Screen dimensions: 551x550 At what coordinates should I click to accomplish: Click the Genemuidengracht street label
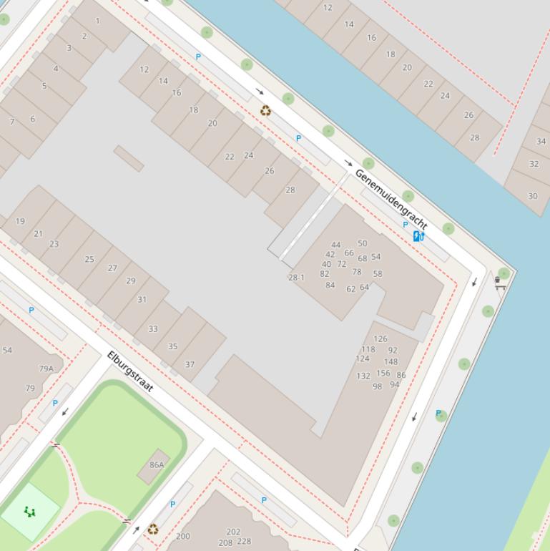(391, 199)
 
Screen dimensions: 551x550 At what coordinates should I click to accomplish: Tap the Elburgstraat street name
(130, 371)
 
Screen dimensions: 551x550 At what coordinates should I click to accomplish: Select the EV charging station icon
(418, 235)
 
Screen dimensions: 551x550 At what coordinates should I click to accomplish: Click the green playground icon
(29, 511)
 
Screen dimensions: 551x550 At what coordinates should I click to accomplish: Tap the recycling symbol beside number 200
(152, 530)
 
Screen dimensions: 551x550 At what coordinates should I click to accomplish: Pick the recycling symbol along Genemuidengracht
(265, 110)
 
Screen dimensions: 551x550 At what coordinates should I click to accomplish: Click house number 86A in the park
(157, 464)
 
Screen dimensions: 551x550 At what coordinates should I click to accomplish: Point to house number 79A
(46, 369)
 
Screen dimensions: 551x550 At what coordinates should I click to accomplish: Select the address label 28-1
(296, 278)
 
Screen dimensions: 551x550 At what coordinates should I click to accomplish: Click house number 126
(380, 339)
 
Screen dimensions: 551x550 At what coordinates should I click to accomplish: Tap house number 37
(190, 364)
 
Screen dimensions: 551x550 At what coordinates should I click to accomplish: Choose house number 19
(20, 221)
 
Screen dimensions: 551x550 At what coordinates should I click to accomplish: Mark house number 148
(391, 361)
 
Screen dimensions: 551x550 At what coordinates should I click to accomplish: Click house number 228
(244, 542)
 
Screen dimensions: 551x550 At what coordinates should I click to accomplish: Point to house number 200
(183, 536)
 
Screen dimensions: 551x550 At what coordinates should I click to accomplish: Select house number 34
(541, 141)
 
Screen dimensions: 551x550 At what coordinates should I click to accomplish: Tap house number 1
(98, 21)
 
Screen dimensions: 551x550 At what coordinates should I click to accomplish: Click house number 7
(12, 122)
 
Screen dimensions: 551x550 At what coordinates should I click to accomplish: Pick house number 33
(152, 329)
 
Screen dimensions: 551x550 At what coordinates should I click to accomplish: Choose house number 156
(383, 373)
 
